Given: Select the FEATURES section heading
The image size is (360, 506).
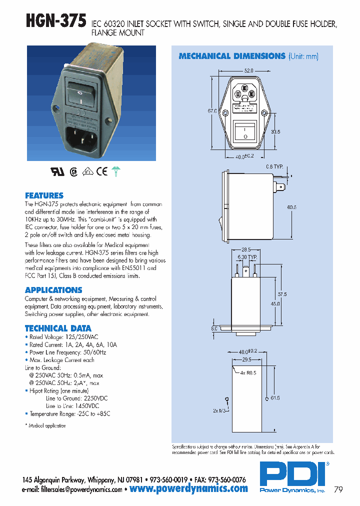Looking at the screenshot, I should (44, 195).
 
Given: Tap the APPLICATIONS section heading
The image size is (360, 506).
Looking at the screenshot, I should (53, 290).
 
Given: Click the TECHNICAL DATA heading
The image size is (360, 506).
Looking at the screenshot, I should (58, 328).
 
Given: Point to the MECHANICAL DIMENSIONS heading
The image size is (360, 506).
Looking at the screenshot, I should (232, 56).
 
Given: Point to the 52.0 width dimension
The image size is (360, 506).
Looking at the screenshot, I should (249, 70).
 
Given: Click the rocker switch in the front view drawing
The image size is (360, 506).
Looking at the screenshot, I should (245, 130).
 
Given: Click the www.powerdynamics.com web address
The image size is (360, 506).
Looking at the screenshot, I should (188, 488).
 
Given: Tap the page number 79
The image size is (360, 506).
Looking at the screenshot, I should (338, 490).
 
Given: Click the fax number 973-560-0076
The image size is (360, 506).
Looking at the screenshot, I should (225, 479).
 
